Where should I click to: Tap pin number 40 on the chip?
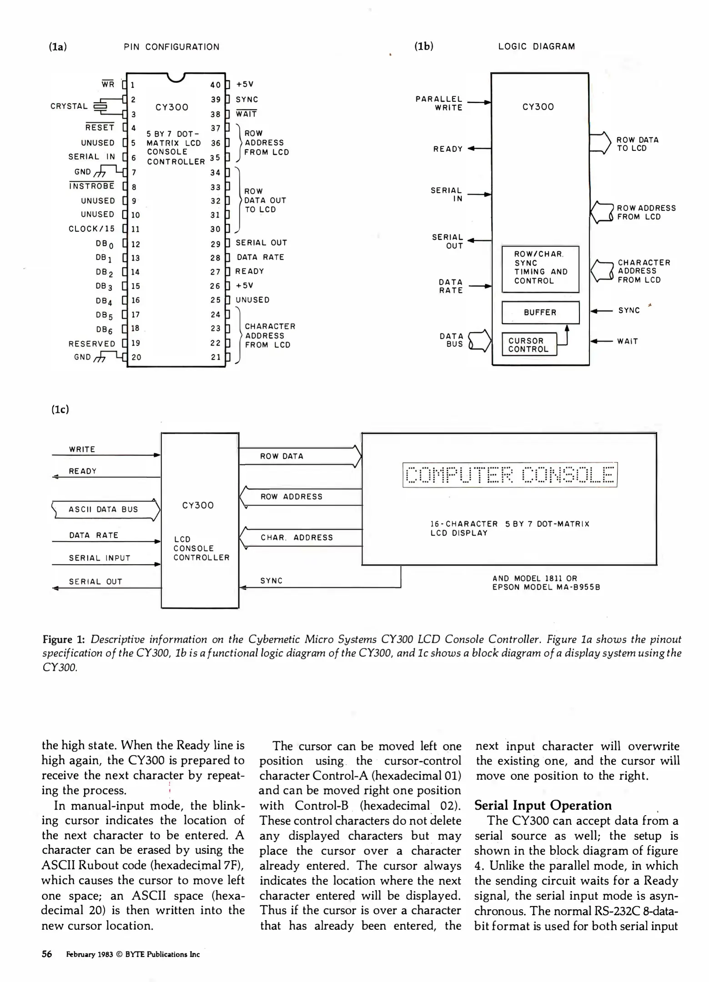215,85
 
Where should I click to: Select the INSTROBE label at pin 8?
92,186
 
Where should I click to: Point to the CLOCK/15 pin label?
91,229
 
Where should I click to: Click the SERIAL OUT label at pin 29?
261,243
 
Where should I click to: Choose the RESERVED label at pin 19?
92,344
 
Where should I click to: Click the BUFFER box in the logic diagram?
540,312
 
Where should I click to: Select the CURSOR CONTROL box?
529,345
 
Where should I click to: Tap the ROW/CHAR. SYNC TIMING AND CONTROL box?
540,268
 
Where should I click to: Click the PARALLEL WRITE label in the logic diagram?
439,103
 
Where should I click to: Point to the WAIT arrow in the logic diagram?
601,341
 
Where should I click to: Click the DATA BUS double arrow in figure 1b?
480,341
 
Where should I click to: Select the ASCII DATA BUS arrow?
106,509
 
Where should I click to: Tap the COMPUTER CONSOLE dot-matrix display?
509,475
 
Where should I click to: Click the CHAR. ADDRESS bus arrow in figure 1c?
300,537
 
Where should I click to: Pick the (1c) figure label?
60,409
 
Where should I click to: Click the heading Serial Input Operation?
543,805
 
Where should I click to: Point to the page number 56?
47,954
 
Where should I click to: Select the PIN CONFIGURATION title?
171,47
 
